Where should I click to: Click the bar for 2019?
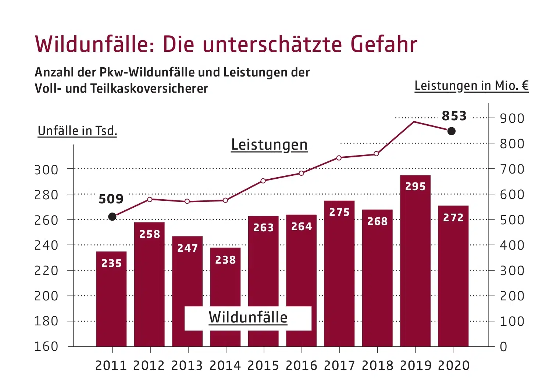(415, 261)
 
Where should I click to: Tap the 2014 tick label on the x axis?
(225, 365)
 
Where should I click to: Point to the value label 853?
(454, 116)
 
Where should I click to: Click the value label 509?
(111, 199)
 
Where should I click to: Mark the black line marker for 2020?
(452, 131)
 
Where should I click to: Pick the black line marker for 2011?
(113, 217)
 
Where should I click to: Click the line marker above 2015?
(263, 181)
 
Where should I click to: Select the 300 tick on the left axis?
(46, 170)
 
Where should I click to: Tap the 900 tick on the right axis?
(512, 118)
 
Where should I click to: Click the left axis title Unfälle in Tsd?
(77, 131)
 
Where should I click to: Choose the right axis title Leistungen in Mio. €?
(471, 86)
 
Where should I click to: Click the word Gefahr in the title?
(384, 44)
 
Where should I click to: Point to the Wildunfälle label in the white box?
(248, 318)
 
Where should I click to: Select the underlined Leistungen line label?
(269, 145)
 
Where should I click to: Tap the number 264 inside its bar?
(302, 226)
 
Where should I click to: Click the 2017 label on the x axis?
(339, 365)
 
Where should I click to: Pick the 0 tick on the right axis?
(503, 347)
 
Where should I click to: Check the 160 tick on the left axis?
(46, 346)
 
